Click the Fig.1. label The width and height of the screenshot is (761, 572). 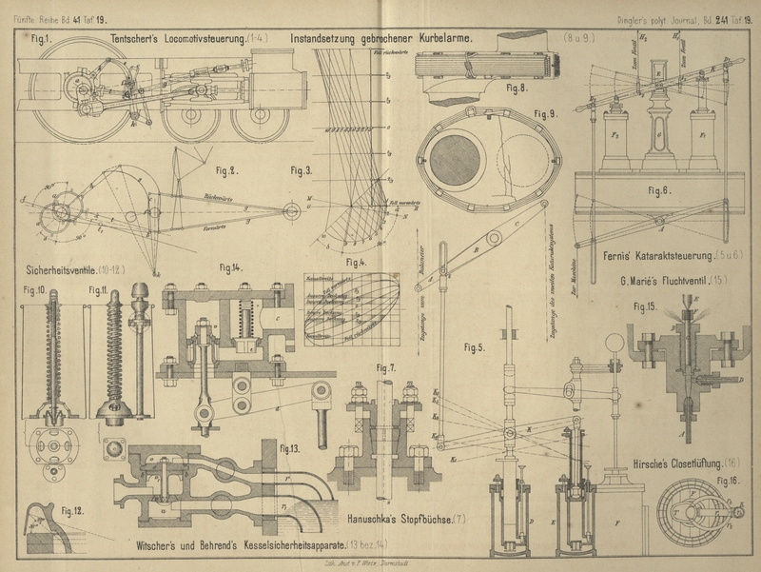tap(40, 39)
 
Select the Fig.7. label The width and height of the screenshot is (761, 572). tap(386, 367)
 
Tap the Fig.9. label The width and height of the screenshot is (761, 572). tap(544, 114)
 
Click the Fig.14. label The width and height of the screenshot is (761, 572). tap(231, 268)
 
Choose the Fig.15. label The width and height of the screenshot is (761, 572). tap(648, 307)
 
